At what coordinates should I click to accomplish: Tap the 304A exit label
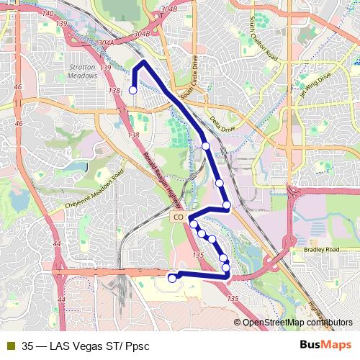[105, 42]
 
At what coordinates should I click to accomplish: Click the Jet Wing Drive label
[316, 85]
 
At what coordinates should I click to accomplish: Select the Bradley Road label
[320, 249]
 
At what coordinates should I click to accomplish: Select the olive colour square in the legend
[9, 346]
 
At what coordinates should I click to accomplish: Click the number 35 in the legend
[27, 346]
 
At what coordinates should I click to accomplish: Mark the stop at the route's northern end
[132, 90]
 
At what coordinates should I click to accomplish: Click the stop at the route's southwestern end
[172, 278]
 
